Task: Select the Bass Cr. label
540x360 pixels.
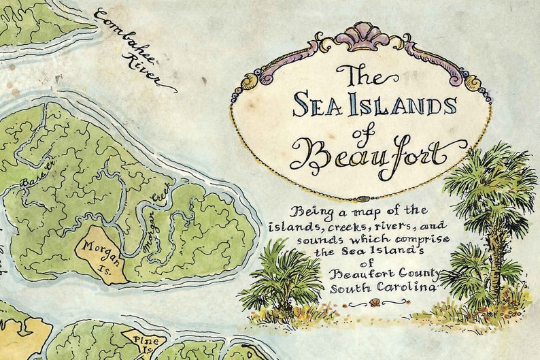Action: [x=35, y=175]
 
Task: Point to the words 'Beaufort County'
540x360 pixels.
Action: [x=383, y=274]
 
